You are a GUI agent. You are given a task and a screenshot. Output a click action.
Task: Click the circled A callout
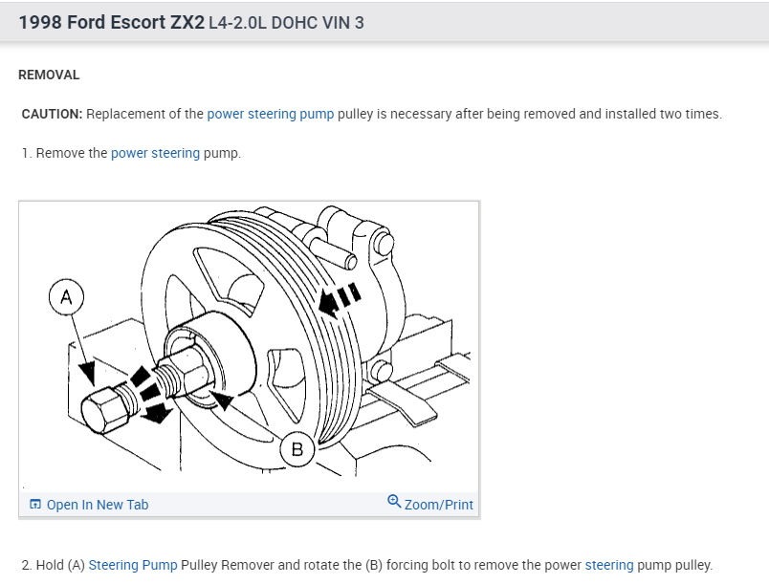[66, 296]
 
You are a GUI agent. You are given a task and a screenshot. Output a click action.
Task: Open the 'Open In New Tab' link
[97, 505]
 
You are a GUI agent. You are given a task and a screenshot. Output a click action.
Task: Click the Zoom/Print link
[438, 505]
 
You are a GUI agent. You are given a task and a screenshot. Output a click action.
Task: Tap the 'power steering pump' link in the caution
[271, 114]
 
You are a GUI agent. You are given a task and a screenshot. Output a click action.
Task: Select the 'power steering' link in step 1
[155, 153]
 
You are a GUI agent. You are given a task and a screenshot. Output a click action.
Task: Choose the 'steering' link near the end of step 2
[609, 565]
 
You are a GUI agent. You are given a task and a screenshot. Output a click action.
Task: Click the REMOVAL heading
[49, 75]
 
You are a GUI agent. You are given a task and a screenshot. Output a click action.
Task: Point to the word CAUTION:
[53, 114]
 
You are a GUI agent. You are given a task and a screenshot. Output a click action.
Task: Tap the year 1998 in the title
[39, 21]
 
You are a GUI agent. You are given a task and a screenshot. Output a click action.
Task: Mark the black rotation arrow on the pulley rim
[332, 303]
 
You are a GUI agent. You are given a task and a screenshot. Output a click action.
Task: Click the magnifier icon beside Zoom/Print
[394, 503]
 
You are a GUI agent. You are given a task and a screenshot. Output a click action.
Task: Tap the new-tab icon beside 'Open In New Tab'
[35, 505]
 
